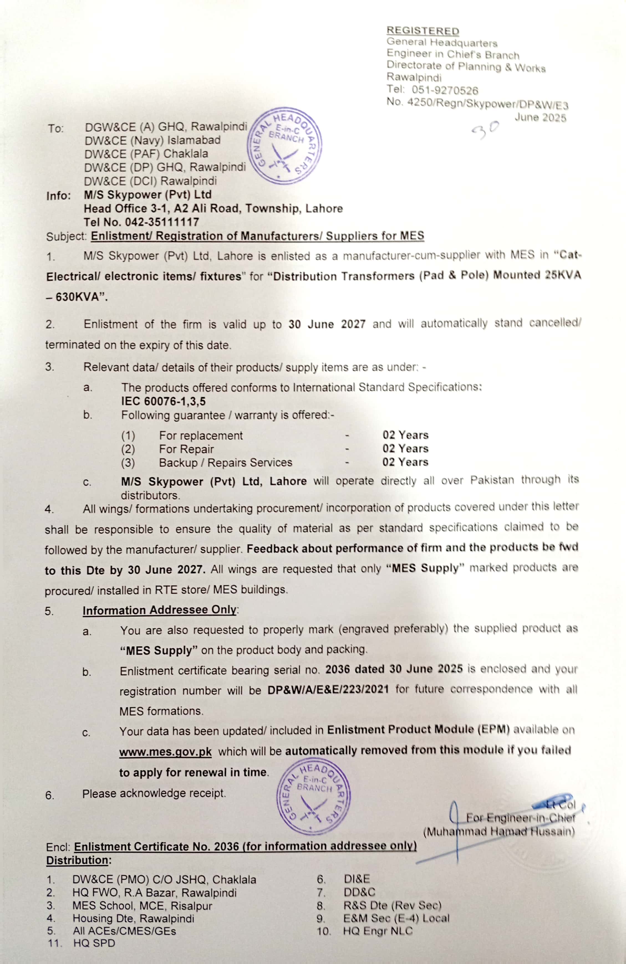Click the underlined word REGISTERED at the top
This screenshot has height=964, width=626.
tap(423, 31)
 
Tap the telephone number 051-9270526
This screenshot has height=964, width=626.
tap(445, 90)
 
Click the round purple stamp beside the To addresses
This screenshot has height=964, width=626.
tap(285, 145)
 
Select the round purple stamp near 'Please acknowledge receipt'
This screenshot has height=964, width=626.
tap(313, 796)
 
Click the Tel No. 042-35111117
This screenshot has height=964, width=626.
tap(141, 222)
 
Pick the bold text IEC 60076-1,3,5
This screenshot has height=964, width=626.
tap(163, 401)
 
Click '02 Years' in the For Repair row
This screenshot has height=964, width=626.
tap(405, 449)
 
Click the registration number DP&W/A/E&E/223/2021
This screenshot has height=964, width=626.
tap(328, 689)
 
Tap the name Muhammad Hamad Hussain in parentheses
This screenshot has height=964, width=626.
tap(499, 832)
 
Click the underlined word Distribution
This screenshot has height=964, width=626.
tap(78, 860)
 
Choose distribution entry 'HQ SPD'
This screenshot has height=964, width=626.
tap(94, 943)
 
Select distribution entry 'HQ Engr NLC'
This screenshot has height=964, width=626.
tap(378, 931)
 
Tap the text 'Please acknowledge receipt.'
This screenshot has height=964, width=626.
tap(154, 793)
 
